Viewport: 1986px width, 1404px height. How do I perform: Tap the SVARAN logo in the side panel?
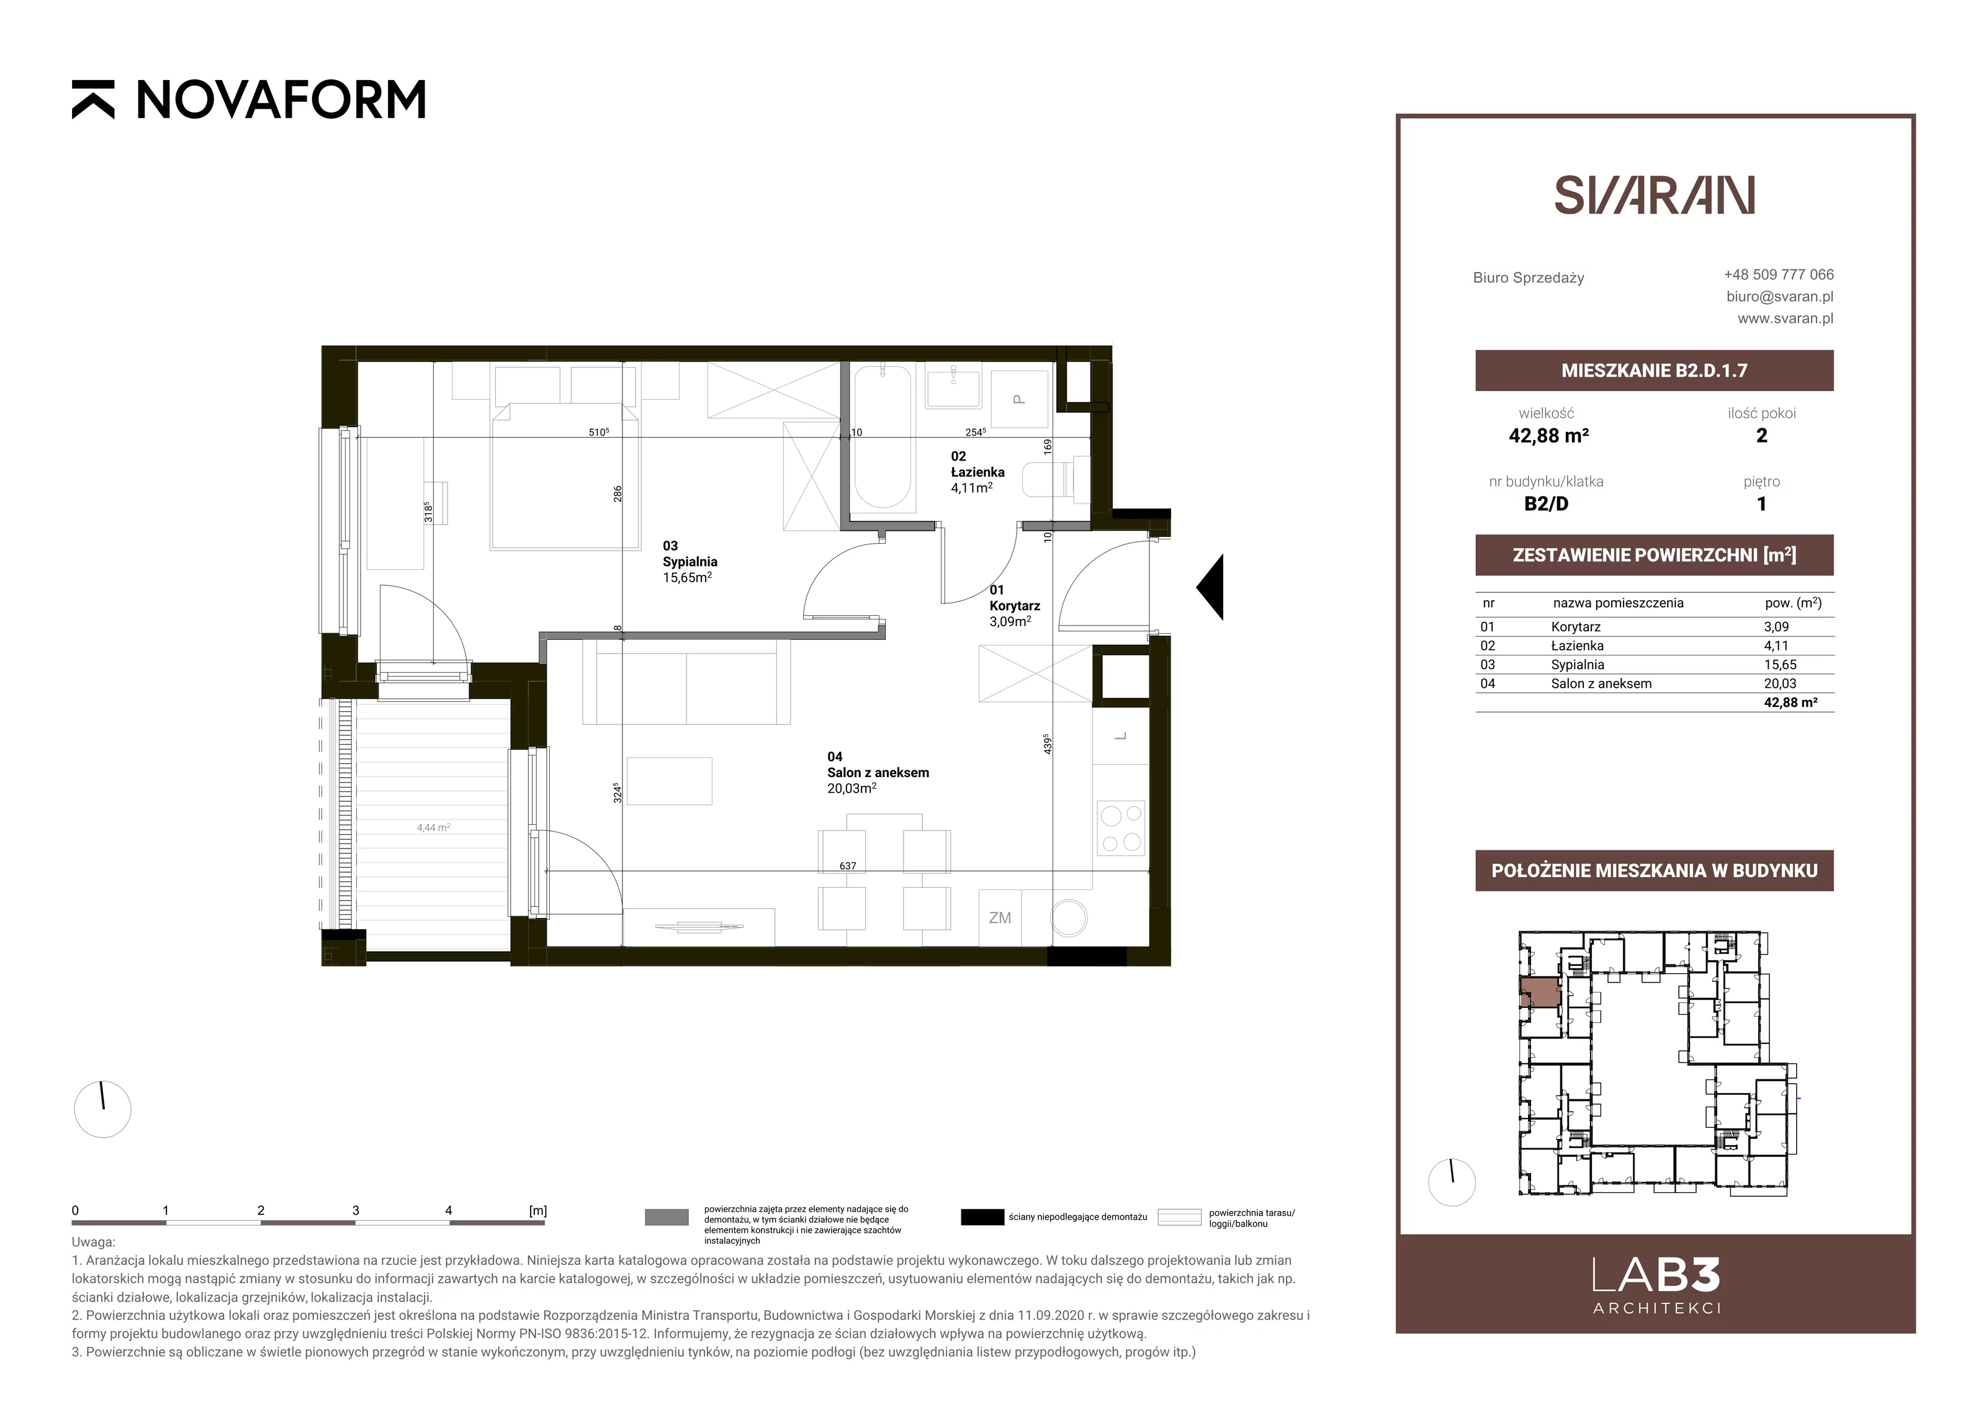click(1654, 196)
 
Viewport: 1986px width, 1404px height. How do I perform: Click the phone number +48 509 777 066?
click(1779, 274)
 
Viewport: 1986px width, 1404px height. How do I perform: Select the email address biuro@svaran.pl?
click(1779, 296)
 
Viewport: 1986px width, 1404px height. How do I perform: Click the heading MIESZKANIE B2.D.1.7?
click(1654, 371)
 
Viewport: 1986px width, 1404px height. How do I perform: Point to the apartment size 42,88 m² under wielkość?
click(1548, 436)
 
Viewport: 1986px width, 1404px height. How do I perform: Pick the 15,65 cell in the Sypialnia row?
click(1780, 664)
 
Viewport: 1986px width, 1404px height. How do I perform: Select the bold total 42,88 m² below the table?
click(1791, 703)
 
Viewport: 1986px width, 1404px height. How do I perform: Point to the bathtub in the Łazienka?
click(883, 439)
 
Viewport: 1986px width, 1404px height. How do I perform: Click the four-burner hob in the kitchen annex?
click(1120, 828)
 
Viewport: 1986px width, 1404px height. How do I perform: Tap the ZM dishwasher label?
click(1000, 918)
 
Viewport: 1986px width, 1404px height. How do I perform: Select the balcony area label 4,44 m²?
click(433, 828)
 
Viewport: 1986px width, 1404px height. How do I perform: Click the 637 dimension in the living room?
click(848, 865)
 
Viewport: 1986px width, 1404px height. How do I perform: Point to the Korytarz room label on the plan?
click(1015, 606)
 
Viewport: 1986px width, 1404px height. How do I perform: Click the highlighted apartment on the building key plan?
click(1540, 992)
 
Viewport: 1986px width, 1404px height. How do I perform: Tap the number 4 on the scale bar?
click(448, 1210)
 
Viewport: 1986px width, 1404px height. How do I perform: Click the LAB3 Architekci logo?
click(1656, 1285)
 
